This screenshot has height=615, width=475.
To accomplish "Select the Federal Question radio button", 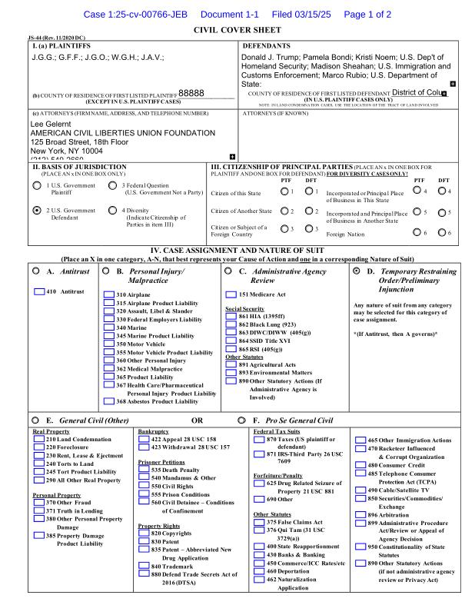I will pos(113,186).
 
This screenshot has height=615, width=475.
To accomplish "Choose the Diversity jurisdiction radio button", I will pos(113,210).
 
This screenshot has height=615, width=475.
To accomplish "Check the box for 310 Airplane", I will pos(108,295).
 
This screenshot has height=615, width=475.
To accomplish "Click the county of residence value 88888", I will pos(191,93).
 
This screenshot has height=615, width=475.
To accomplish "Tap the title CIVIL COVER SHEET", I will pos(237,31).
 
